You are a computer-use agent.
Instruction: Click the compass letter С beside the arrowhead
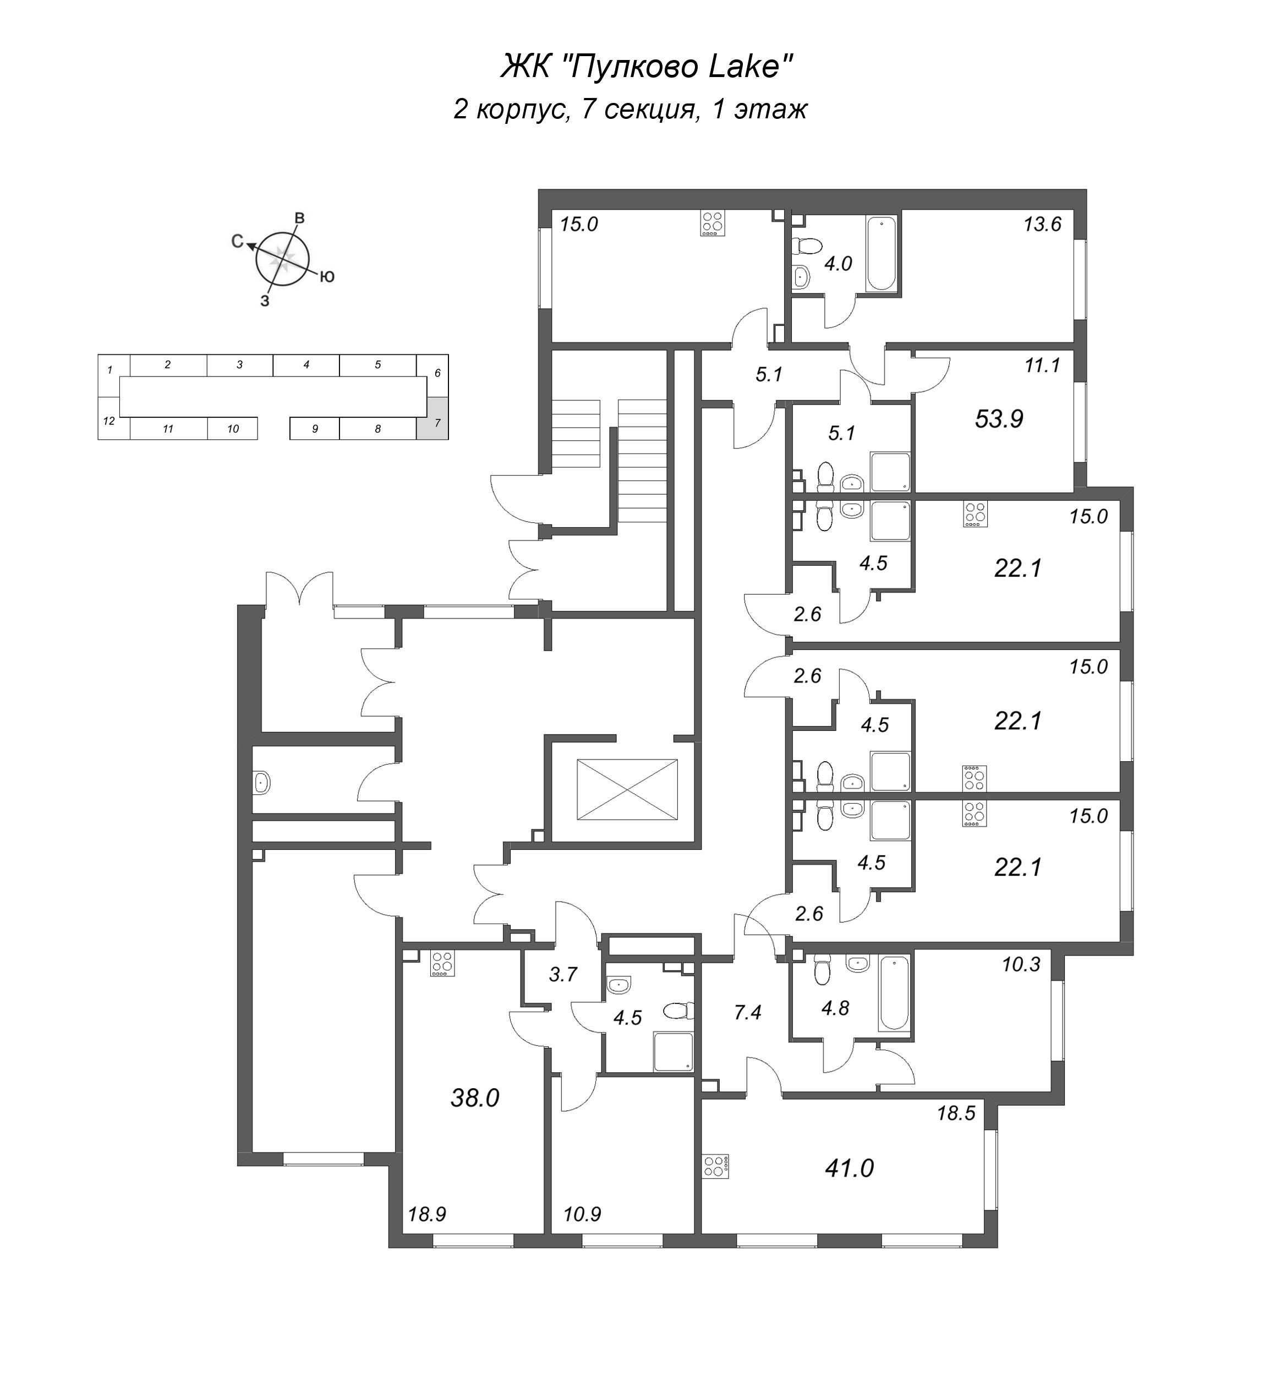pyautogui.click(x=237, y=241)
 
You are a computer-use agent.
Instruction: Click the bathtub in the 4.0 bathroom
pyautogui.click(x=881, y=254)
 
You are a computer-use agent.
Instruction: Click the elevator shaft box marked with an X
pyautogui.click(x=627, y=789)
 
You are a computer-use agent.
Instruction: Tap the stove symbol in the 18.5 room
pyautogui.click(x=715, y=1167)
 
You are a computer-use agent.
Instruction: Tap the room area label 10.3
pyautogui.click(x=1021, y=964)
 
